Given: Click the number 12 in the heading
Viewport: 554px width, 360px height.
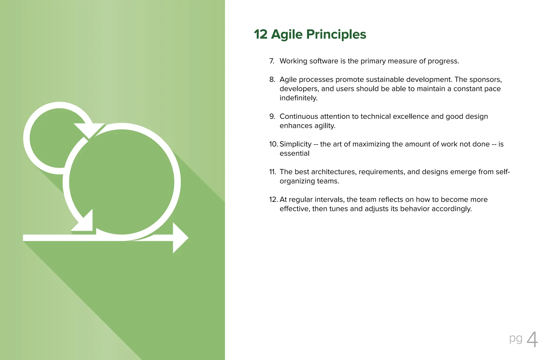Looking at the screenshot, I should [261, 34].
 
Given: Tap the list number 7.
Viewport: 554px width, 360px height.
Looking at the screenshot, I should [272, 61].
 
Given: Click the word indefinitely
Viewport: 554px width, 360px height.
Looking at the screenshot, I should [298, 98].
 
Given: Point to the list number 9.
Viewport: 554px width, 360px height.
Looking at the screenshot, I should [272, 116].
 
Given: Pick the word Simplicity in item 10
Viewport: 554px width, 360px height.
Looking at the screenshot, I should [295, 144].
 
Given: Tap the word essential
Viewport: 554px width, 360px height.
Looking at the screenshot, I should [294, 153].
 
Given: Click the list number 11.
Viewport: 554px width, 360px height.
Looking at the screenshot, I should [272, 172].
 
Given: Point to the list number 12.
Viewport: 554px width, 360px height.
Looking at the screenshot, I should [273, 200].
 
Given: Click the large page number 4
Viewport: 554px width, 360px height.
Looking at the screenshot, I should [532, 340].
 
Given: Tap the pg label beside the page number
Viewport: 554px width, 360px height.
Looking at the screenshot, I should [516, 338].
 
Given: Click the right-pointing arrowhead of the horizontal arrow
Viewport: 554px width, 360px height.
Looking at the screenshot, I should [180, 238].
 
